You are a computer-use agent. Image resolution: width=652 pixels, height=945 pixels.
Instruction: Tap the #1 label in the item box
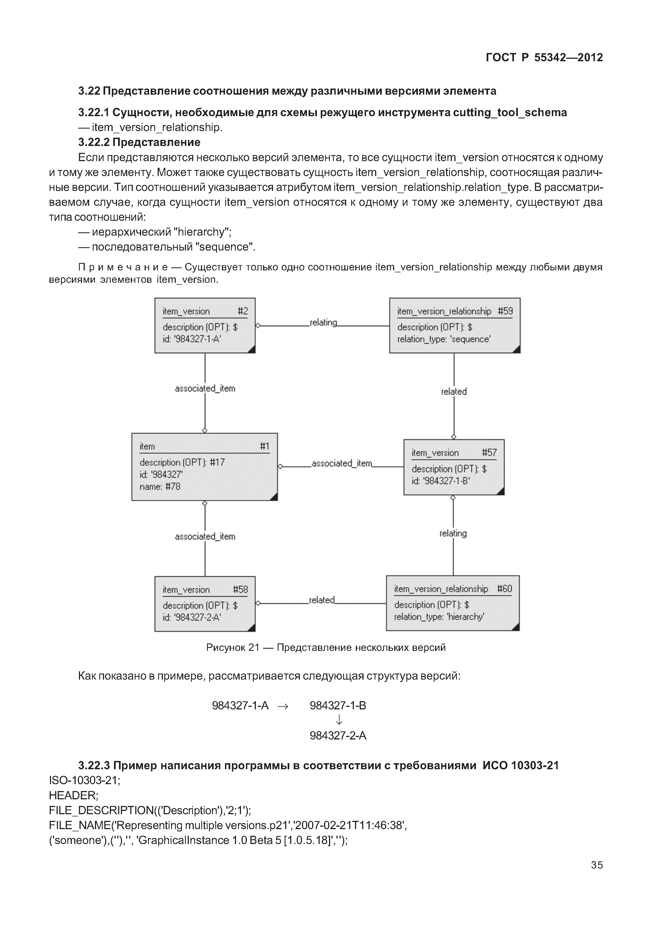265,446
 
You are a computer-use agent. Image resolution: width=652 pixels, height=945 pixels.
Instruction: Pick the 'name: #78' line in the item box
160,486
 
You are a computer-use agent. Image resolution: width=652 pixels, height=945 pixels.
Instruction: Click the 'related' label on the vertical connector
454,391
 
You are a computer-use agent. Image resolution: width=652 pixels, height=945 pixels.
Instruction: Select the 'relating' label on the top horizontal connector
323,322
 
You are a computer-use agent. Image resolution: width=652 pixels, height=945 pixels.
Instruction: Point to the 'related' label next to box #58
322,600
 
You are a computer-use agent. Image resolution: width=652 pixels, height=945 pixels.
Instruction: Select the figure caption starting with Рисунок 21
326,648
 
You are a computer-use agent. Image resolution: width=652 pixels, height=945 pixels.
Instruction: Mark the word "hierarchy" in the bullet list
202,232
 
